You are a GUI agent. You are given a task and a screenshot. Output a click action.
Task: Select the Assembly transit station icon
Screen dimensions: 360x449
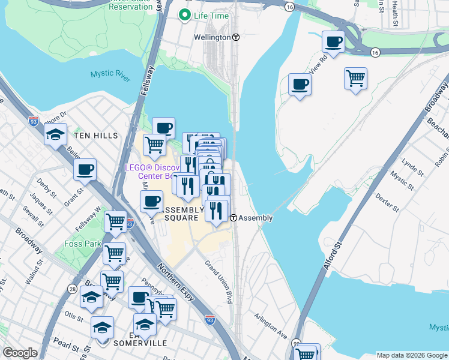tap(234, 218)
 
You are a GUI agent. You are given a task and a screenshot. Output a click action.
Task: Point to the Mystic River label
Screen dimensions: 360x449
tap(110, 74)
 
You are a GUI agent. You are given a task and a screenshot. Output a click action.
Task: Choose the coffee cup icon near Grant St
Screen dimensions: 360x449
tap(85, 169)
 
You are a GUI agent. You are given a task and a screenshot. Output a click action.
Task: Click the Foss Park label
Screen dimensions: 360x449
tap(82, 244)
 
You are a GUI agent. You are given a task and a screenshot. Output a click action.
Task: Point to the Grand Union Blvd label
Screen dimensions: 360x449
tap(218, 280)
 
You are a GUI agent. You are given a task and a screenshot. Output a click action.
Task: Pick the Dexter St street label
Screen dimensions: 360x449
tap(387, 202)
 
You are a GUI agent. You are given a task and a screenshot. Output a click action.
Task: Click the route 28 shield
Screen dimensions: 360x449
tap(73, 290)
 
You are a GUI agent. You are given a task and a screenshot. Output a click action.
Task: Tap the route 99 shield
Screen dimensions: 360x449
tap(296, 343)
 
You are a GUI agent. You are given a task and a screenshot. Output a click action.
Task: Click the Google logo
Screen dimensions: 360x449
tap(20, 353)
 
